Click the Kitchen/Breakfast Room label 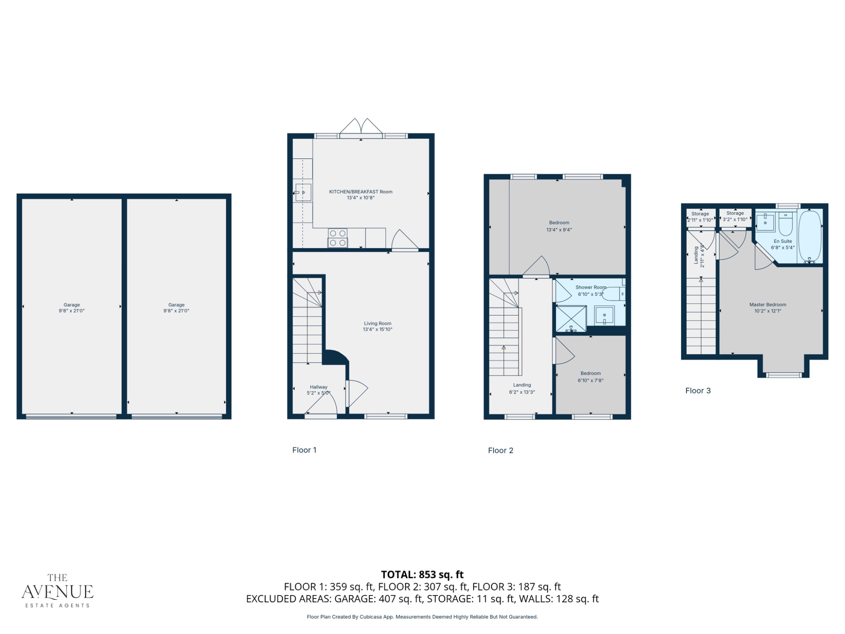(x=361, y=192)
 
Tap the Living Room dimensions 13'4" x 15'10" (x=378, y=329)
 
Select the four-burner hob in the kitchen (x=338, y=238)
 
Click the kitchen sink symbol (x=303, y=193)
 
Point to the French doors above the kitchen (x=361, y=127)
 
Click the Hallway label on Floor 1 (x=319, y=387)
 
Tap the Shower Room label (x=591, y=287)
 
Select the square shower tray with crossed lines (x=571, y=318)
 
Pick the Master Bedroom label (x=767, y=305)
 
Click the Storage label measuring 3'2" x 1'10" (x=735, y=216)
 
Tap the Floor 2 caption (x=500, y=450)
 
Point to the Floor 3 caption (x=698, y=390)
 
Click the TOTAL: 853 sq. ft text (x=422, y=575)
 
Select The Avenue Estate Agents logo (x=57, y=591)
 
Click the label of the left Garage (x=72, y=305)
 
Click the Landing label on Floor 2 (x=522, y=385)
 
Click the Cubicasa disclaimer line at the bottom (x=422, y=617)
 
